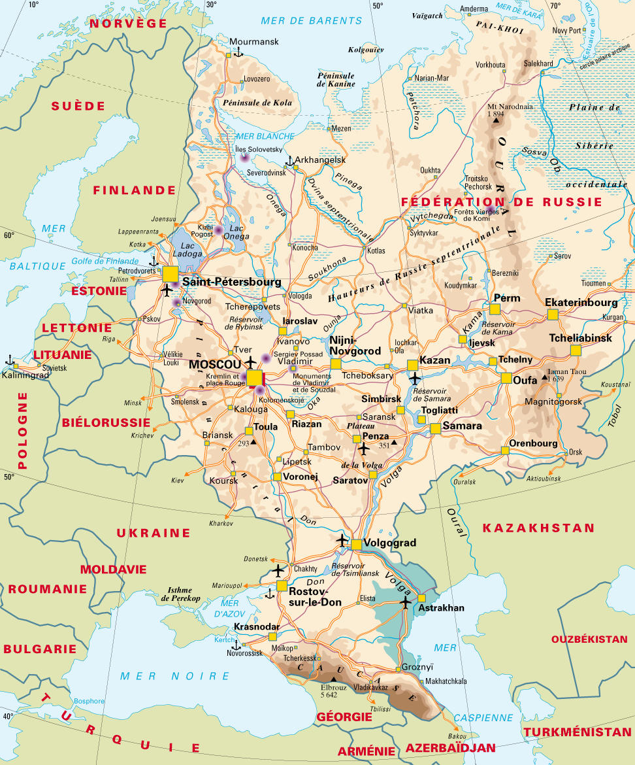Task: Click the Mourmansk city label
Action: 253,42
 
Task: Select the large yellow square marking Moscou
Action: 254,378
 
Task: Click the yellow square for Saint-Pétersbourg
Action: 171,274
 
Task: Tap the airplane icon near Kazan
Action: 415,378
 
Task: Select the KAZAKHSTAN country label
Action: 538,528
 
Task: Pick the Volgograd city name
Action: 389,543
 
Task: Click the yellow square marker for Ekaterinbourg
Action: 553,314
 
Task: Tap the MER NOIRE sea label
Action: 174,675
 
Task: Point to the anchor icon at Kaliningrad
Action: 10,360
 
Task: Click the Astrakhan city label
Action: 442,608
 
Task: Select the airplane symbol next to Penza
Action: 364,449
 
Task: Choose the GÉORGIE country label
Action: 344,717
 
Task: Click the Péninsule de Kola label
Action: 257,103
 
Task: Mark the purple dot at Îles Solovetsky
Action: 245,157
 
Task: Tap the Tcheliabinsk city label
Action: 580,338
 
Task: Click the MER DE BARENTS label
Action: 311,21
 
